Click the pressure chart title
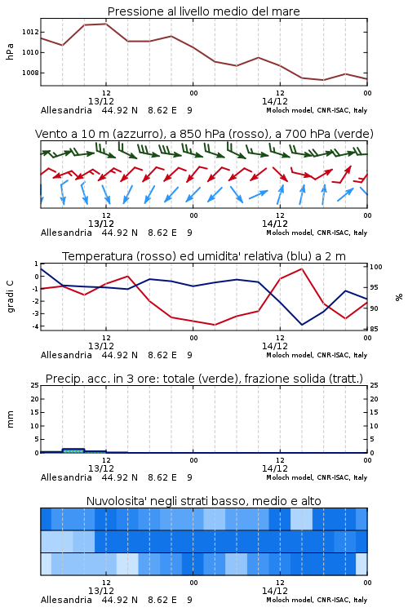point(203,11)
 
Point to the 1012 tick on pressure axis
point(30,32)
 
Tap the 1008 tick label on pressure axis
point(30,73)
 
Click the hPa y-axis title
point(10,52)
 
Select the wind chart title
point(204,134)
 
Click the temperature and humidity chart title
point(204,256)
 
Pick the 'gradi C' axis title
point(11,296)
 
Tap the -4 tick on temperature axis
point(36,326)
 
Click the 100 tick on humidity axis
point(376,267)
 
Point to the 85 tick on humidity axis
point(375,329)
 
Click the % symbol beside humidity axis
point(399,297)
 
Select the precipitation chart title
point(204,379)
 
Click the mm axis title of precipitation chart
point(10,419)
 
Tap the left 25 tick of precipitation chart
point(35,386)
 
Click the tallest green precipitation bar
point(73,450)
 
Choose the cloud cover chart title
point(203,501)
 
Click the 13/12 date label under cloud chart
point(101,591)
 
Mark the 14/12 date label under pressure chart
point(275,101)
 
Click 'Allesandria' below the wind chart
point(66,233)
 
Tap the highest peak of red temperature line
point(302,268)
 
